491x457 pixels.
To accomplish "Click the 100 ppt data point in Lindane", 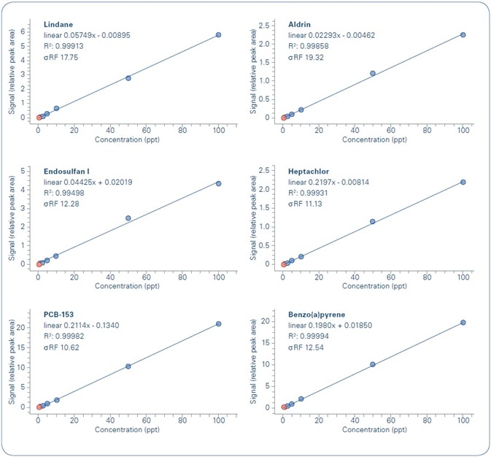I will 218,35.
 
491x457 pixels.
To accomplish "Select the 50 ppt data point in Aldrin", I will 373,73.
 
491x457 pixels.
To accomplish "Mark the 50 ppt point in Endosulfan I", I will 128,218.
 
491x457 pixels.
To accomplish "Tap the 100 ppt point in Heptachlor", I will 463,182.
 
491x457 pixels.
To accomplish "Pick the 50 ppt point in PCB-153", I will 128,366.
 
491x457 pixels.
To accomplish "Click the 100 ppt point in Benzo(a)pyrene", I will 463,323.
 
